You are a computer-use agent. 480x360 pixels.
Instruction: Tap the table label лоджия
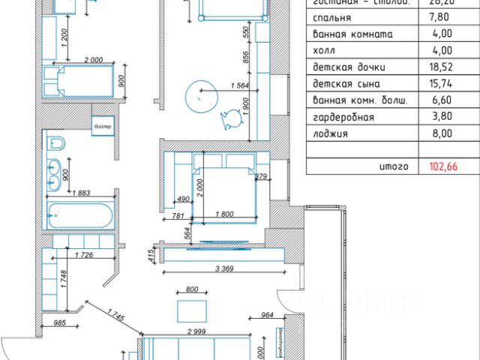[x=325, y=134]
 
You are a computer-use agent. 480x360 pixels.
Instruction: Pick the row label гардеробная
[x=339, y=118]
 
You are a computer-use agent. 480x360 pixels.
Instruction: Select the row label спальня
[x=328, y=18]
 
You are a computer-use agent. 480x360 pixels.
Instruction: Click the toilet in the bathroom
[x=55, y=143]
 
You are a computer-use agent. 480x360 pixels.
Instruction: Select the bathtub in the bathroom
[x=79, y=216]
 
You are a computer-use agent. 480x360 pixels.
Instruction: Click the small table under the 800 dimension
[x=190, y=310]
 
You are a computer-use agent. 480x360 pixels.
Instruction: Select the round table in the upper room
[x=202, y=95]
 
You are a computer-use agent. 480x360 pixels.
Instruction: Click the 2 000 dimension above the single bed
[x=93, y=60]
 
